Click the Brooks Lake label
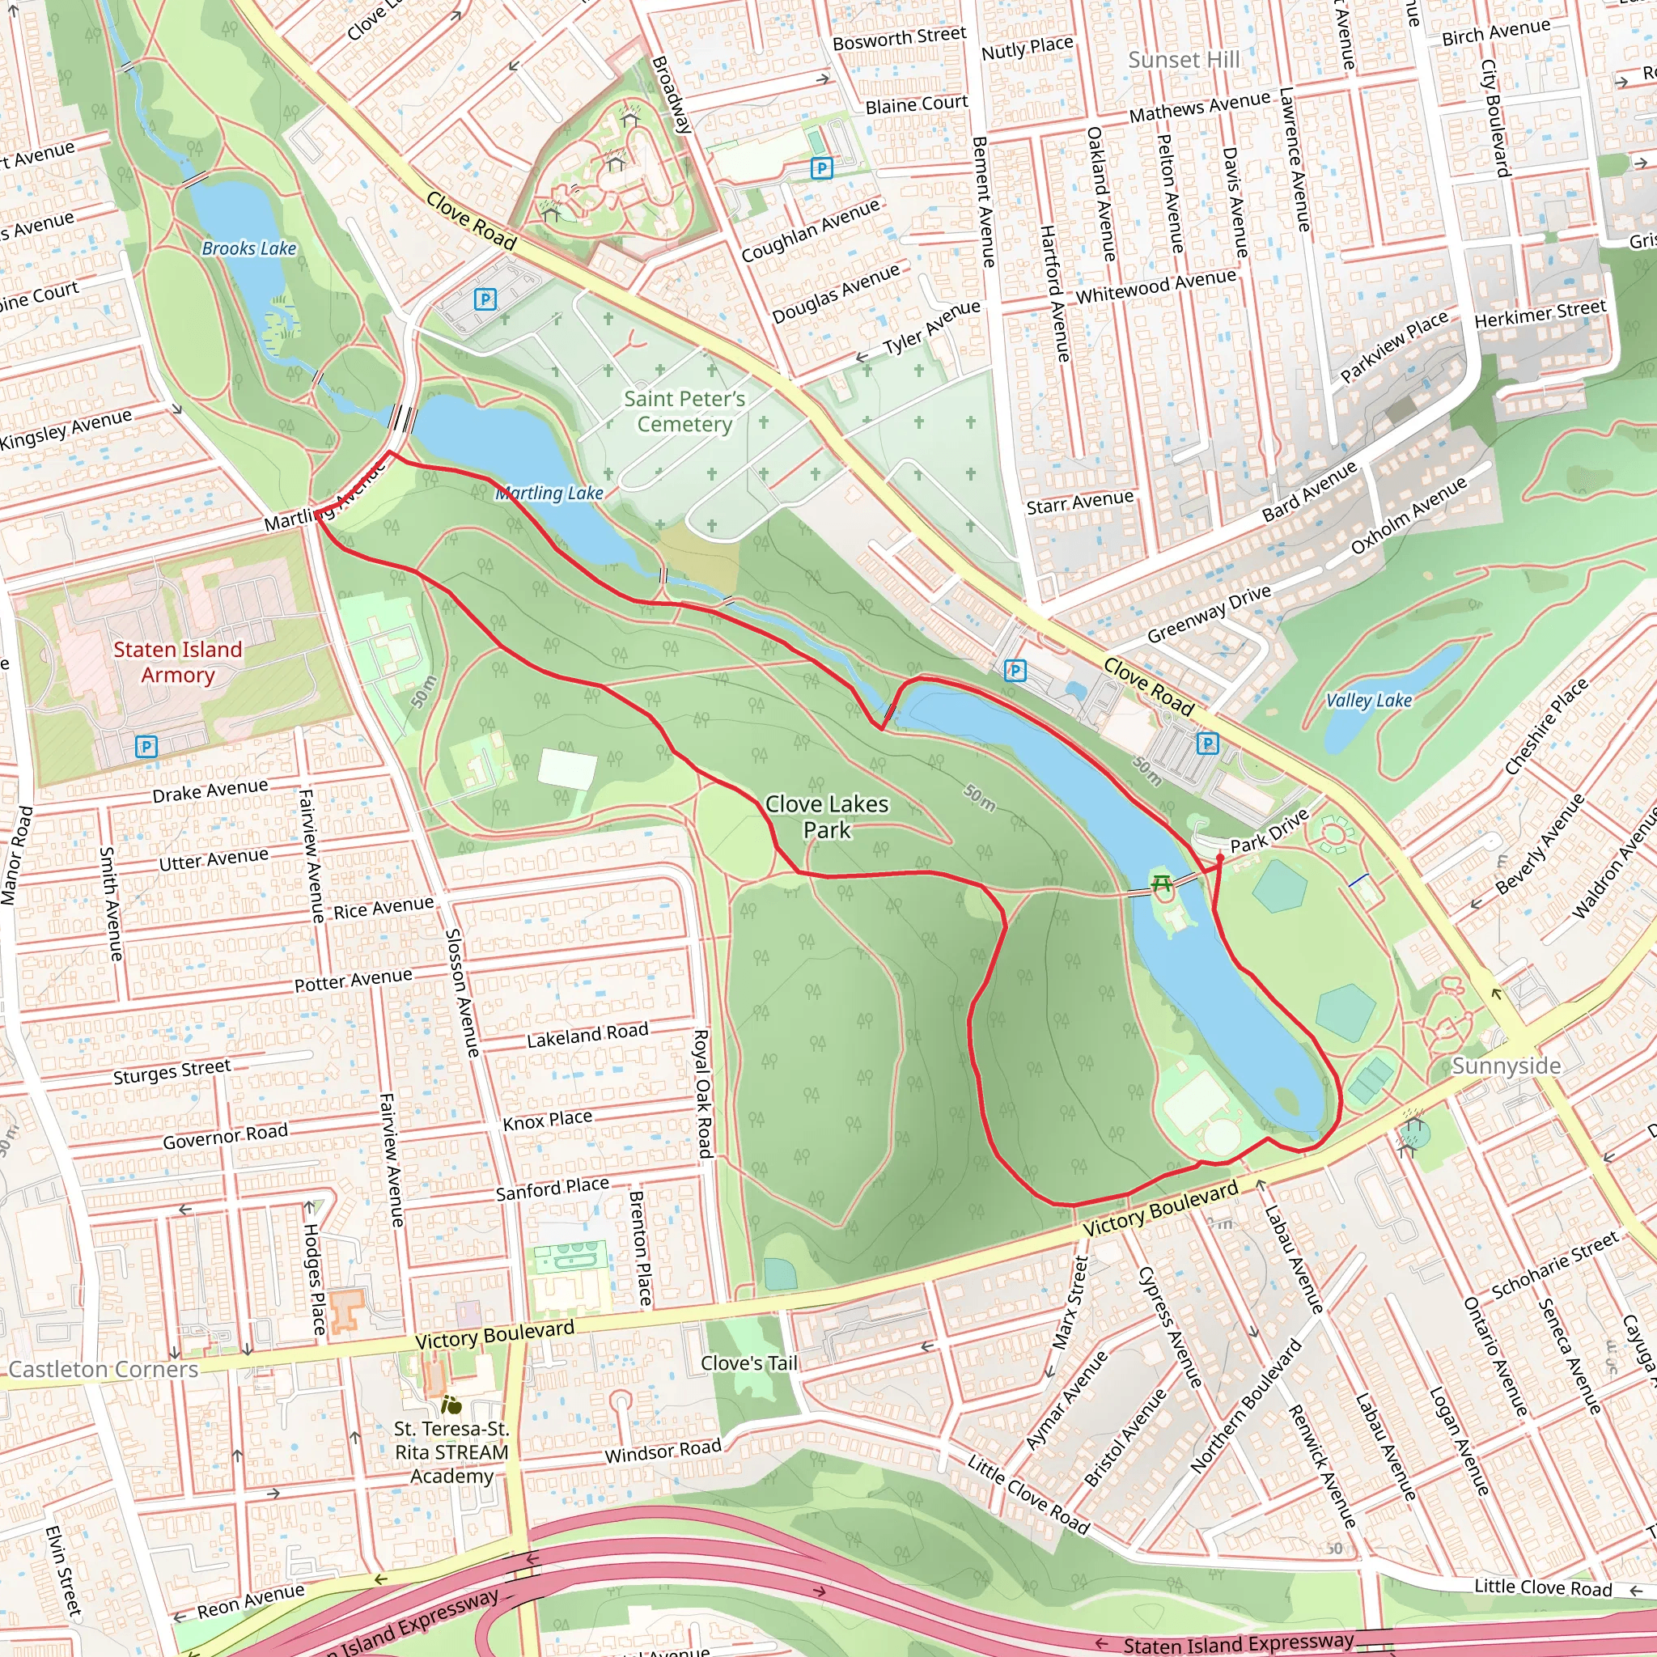click(x=248, y=248)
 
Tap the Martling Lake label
click(x=549, y=494)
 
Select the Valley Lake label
click(x=1369, y=701)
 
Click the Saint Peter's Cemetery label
click(x=684, y=412)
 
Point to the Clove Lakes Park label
click(x=827, y=817)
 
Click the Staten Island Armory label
click(x=177, y=662)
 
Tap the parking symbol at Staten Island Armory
click(x=146, y=747)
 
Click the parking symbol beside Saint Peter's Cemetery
click(x=485, y=299)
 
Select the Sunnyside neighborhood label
click(x=1506, y=1066)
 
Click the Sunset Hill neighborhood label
click(x=1184, y=60)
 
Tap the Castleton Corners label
click(x=103, y=1370)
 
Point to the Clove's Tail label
click(x=748, y=1363)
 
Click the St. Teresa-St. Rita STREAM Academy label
click(x=451, y=1452)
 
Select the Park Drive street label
click(x=1269, y=831)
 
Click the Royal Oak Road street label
click(x=703, y=1094)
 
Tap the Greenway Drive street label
click(x=1209, y=614)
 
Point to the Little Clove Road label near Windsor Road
click(x=1028, y=1495)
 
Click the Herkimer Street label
click(x=1540, y=314)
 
